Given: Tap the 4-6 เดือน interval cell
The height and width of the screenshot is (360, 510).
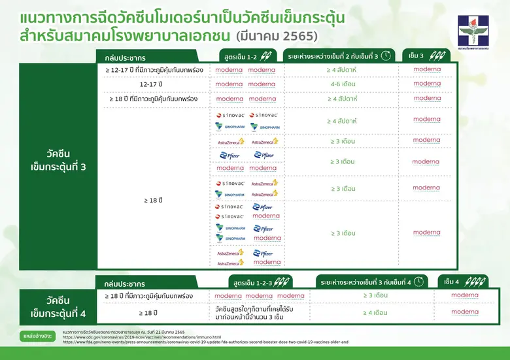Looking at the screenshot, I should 343,84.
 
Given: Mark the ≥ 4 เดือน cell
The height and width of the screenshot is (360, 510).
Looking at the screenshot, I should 375,312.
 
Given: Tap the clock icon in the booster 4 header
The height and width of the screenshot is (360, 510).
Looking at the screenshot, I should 418,282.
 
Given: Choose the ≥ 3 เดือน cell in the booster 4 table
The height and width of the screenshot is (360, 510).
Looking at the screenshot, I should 375,296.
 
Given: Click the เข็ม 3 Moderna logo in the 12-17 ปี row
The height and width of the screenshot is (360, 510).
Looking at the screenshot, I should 427,84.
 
